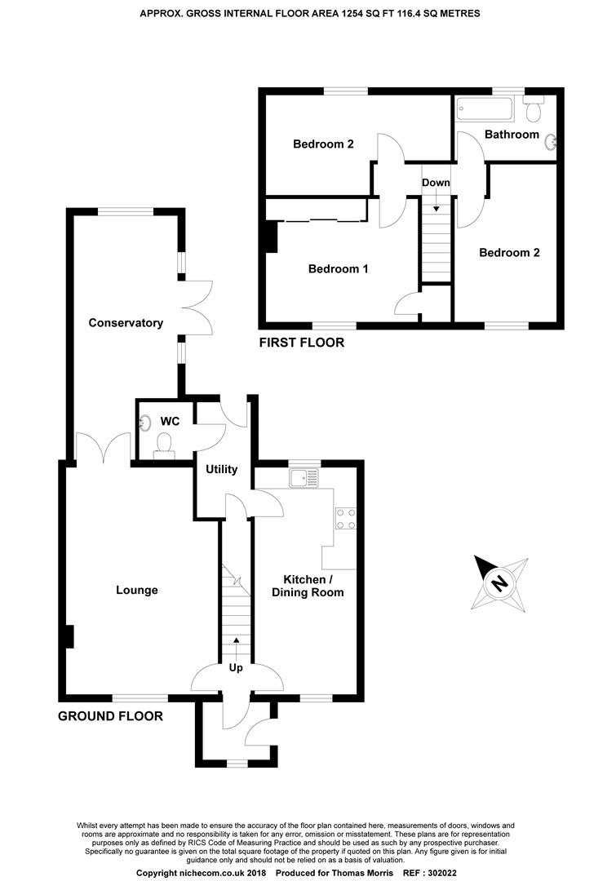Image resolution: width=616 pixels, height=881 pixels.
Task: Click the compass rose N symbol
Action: pyautogui.click(x=497, y=583)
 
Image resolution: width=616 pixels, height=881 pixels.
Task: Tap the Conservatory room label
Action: pyautogui.click(x=126, y=323)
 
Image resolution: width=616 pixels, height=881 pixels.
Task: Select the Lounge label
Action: pyautogui.click(x=136, y=590)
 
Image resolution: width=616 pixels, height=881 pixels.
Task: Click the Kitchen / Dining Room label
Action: pyautogui.click(x=308, y=586)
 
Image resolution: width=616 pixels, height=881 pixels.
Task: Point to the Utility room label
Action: pyautogui.click(x=221, y=469)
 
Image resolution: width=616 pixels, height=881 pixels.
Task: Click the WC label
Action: pyautogui.click(x=170, y=421)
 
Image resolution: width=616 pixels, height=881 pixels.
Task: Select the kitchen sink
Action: pyautogui.click(x=307, y=477)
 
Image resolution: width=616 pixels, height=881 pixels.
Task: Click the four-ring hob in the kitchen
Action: pyautogui.click(x=344, y=519)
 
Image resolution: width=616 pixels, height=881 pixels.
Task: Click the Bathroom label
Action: pyautogui.click(x=512, y=135)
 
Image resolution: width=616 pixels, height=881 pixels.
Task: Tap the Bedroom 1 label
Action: pyautogui.click(x=338, y=268)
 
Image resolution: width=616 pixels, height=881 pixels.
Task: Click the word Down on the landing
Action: pyautogui.click(x=436, y=183)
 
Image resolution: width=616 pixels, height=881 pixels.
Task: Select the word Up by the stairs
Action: pyautogui.click(x=237, y=668)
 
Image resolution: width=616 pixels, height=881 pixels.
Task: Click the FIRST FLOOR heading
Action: pyautogui.click(x=301, y=343)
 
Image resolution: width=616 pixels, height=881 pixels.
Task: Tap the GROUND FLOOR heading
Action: pyautogui.click(x=110, y=716)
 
